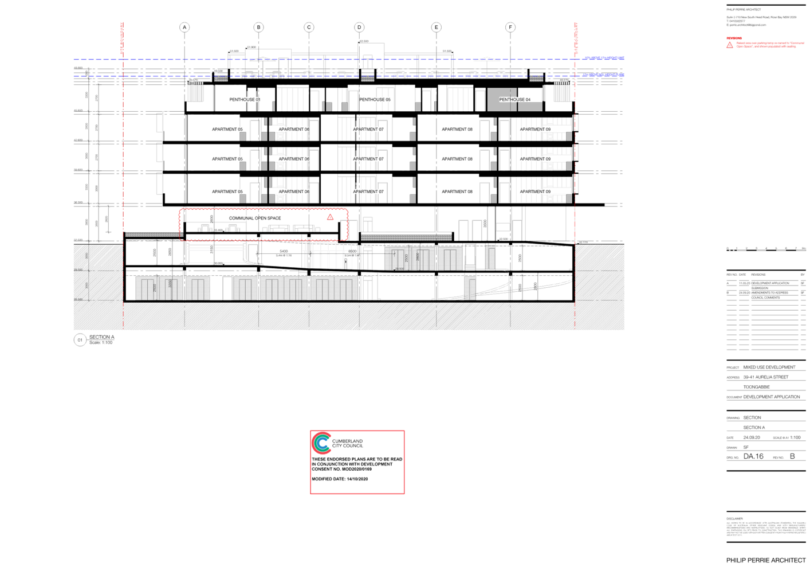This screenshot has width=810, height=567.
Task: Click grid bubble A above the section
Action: [184, 27]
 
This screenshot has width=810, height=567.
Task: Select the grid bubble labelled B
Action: [259, 27]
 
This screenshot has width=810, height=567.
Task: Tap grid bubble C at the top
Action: [309, 27]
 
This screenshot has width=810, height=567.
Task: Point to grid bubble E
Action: [437, 27]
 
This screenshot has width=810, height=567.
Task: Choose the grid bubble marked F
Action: [510, 27]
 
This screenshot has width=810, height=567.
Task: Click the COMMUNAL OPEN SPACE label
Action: [255, 218]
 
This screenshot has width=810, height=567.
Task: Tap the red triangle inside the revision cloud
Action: [330, 217]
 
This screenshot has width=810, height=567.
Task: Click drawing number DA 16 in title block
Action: [753, 456]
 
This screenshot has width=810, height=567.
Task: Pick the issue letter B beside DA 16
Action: [793, 456]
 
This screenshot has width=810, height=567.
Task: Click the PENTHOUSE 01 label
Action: [245, 100]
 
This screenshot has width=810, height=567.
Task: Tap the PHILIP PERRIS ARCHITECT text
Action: [765, 560]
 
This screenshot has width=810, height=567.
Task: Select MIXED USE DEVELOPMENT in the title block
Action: [769, 367]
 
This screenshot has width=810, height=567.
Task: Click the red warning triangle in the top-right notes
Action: [730, 45]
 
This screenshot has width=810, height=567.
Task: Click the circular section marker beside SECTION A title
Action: [80, 339]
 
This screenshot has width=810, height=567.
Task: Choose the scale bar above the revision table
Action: [766, 249]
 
